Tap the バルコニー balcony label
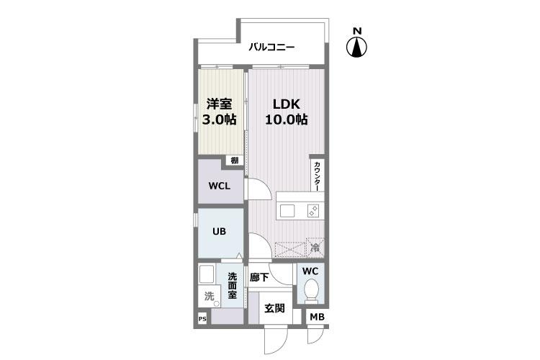click(x=271, y=47)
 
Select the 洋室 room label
click(x=219, y=104)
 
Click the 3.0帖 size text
click(x=219, y=120)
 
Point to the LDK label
click(x=286, y=104)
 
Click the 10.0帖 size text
click(x=286, y=120)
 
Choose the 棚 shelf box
click(x=235, y=160)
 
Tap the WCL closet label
click(x=220, y=186)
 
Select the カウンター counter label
click(x=317, y=176)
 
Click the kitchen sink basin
click(x=287, y=211)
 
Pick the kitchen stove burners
click(x=313, y=210)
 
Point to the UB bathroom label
click(x=219, y=232)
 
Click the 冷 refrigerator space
click(x=315, y=247)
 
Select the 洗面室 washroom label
click(x=232, y=286)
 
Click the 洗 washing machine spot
click(x=209, y=296)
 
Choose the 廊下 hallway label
click(x=259, y=277)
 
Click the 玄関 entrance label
click(x=274, y=308)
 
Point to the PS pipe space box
click(x=202, y=319)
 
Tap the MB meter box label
click(x=318, y=317)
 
